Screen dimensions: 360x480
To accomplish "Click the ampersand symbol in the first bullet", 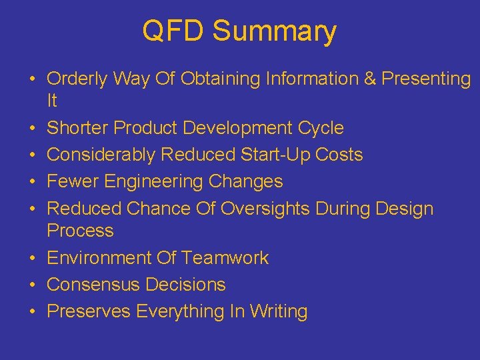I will (x=370, y=79).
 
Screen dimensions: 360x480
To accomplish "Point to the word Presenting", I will (x=426, y=79).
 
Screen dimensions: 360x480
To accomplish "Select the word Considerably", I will (x=102, y=155).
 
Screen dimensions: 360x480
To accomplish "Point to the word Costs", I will (x=338, y=155).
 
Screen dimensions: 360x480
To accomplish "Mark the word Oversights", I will (x=265, y=209).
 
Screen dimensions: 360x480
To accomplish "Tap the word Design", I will (x=405, y=209).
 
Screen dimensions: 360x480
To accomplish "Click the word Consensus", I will (x=93, y=285).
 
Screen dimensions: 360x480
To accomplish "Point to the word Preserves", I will (x=89, y=311).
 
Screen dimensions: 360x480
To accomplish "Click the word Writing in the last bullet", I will (x=279, y=311).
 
